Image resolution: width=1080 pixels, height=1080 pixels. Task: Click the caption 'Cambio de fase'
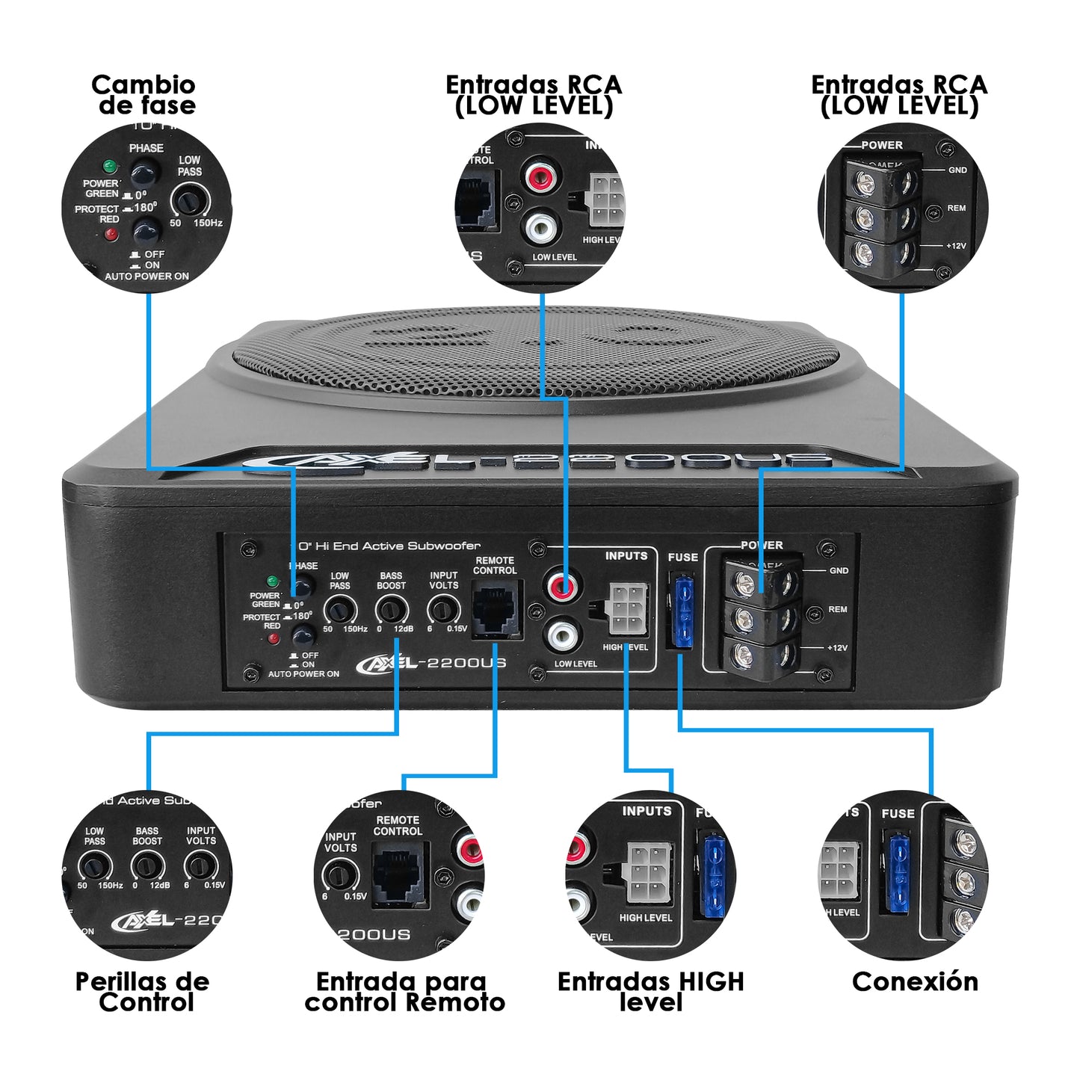pyautogui.click(x=144, y=94)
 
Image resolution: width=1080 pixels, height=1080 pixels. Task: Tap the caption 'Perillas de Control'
pyautogui.click(x=143, y=991)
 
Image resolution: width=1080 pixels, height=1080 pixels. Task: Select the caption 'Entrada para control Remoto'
pyautogui.click(x=404, y=991)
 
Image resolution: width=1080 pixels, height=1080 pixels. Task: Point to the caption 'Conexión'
pyautogui.click(x=915, y=981)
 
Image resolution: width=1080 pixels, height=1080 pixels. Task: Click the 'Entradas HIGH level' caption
pyautogui.click(x=650, y=991)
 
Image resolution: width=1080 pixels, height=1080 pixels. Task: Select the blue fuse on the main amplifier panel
pyautogui.click(x=682, y=611)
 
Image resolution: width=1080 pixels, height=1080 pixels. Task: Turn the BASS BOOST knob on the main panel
pyautogui.click(x=390, y=611)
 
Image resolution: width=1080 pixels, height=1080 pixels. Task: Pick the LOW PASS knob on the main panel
pyautogui.click(x=339, y=611)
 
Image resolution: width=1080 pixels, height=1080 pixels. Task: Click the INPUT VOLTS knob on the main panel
pyautogui.click(x=442, y=611)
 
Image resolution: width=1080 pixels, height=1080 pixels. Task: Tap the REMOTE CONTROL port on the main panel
pyautogui.click(x=495, y=609)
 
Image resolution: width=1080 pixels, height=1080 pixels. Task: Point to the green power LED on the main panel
pyautogui.click(x=273, y=581)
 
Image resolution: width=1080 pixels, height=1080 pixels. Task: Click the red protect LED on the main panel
pyautogui.click(x=274, y=638)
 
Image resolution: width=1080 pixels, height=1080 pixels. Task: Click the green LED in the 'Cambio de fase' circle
pyautogui.click(x=110, y=166)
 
